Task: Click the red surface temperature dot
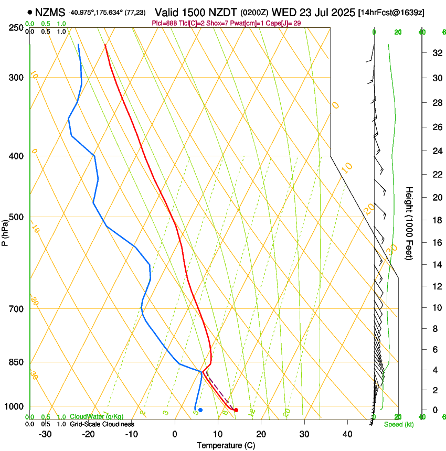236,410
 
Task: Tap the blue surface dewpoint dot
200,410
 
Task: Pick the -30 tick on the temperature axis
45,434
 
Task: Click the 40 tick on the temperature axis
347,434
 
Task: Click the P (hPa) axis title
5,230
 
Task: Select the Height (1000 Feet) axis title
410,223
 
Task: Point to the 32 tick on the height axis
436,53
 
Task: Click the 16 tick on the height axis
436,243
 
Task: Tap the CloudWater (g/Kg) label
97,417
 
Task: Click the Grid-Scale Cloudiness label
102,424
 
